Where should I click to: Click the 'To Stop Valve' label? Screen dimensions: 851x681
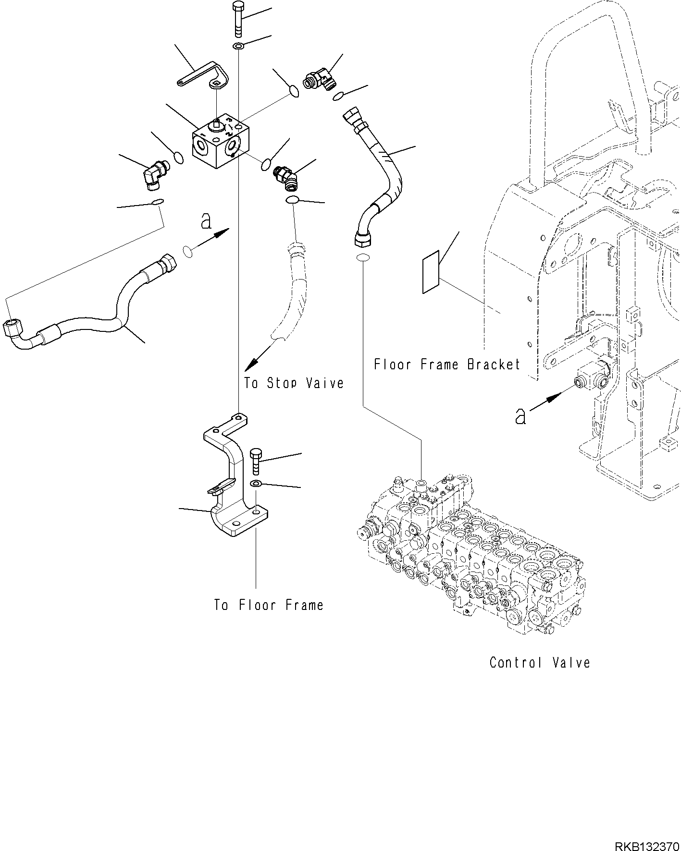(294, 383)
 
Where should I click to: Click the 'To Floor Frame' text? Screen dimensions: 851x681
(269, 605)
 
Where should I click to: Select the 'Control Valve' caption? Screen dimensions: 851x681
(539, 663)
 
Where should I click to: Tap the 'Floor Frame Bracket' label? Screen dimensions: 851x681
(447, 365)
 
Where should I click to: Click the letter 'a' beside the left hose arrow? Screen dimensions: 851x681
(206, 221)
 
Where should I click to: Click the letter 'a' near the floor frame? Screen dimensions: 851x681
(520, 416)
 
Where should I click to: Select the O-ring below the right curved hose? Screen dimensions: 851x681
(363, 258)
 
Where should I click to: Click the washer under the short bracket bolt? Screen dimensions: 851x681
(257, 483)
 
